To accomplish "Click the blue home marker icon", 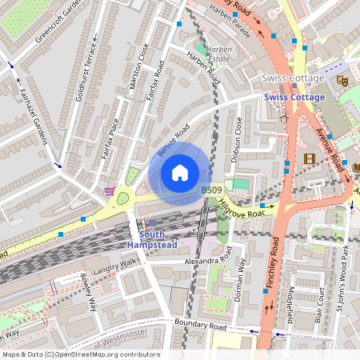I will pyautogui.click(x=180, y=173).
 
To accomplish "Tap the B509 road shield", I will pyautogui.click(x=210, y=190).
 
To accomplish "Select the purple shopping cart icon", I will pyautogui.click(x=109, y=191).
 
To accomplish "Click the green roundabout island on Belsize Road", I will pyautogui.click(x=122, y=198).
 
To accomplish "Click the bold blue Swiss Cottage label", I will pyautogui.click(x=294, y=98).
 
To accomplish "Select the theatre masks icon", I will pyautogui.click(x=342, y=80).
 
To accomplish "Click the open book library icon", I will pyautogui.click(x=357, y=167).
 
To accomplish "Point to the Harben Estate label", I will pyautogui.click(x=218, y=54).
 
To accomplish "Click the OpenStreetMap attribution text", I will pyautogui.click(x=80, y=354).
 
